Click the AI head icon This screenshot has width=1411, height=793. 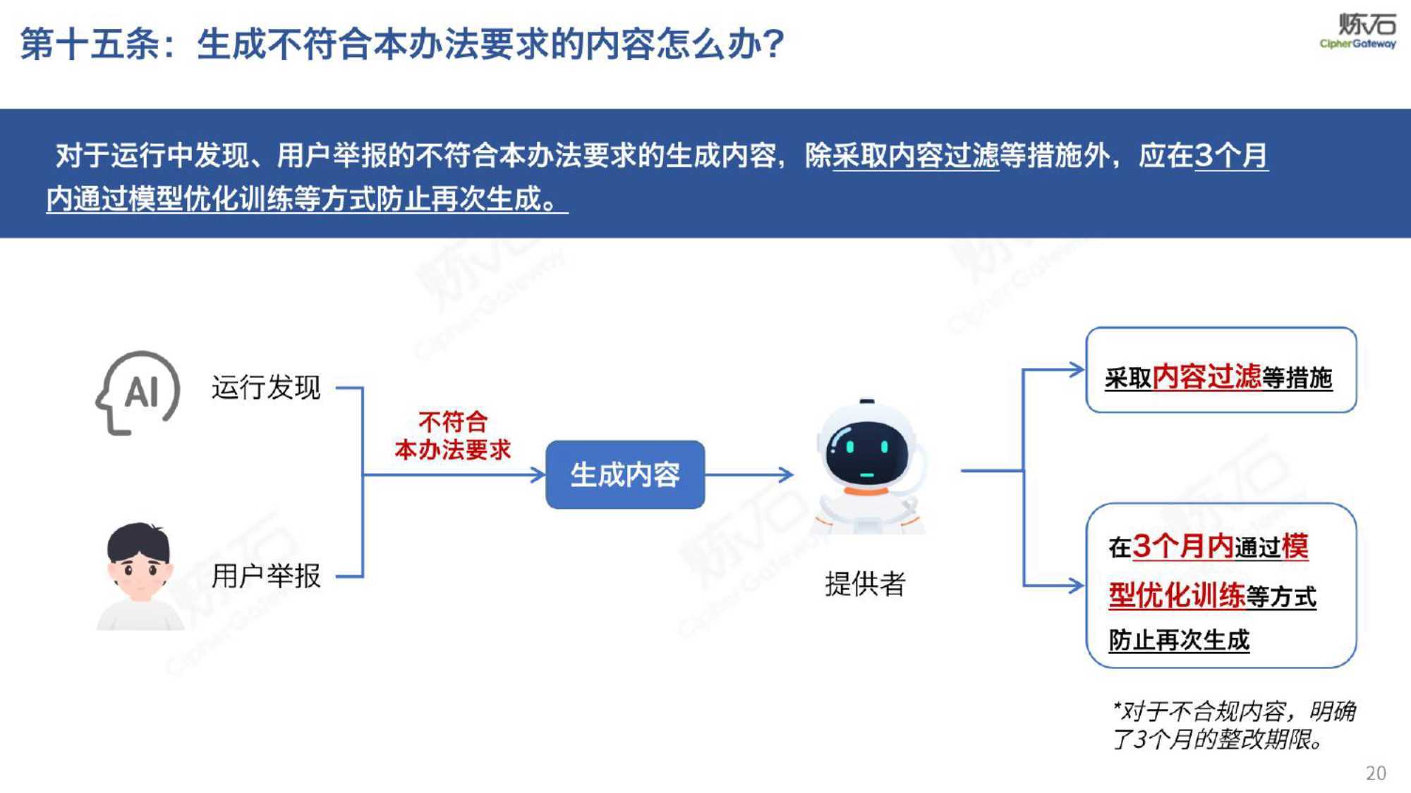(x=138, y=393)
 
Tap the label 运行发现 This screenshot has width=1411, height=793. (x=266, y=388)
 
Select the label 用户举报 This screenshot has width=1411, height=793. (x=266, y=576)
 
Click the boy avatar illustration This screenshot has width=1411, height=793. (x=140, y=576)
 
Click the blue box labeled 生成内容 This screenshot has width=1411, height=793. (x=625, y=474)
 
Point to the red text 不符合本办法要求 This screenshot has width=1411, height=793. (x=453, y=436)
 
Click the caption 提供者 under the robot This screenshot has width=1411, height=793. (x=865, y=584)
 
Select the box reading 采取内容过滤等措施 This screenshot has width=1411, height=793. (x=1221, y=370)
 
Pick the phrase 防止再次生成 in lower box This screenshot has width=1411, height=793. (x=1179, y=640)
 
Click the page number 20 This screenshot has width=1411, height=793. (x=1376, y=773)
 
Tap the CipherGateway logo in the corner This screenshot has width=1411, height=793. (x=1358, y=31)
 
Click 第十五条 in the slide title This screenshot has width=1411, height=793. (x=90, y=44)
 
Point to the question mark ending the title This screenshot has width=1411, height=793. (x=773, y=44)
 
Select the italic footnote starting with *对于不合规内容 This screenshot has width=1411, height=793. (x=1233, y=725)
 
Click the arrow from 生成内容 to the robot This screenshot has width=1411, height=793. (x=749, y=474)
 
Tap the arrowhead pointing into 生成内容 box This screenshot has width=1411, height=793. (x=538, y=474)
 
